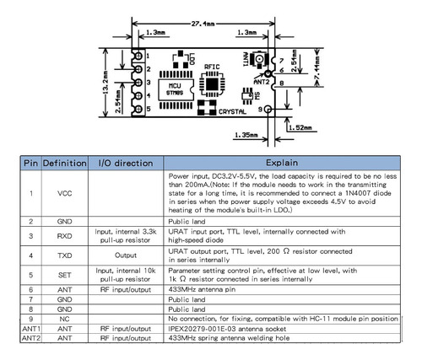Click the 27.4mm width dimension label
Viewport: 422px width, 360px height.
203,24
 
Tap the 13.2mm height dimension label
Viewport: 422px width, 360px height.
105,83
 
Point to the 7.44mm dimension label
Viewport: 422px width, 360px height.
317,68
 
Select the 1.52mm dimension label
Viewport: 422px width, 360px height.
300,127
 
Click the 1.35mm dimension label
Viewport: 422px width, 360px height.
246,135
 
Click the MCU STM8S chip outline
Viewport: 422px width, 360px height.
176,89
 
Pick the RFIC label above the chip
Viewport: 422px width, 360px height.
212,67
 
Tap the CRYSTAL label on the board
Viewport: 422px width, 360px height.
232,112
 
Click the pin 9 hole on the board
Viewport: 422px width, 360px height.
268,109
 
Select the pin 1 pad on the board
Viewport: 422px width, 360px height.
138,56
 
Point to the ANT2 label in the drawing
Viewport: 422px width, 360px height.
262,82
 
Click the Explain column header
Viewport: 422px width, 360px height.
282,163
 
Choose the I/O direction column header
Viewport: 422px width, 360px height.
126,163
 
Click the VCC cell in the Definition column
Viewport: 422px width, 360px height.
65,193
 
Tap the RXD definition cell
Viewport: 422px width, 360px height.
65,236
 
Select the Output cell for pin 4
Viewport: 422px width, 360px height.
126,255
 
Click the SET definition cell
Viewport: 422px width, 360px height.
65,275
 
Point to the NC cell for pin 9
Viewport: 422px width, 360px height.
64,320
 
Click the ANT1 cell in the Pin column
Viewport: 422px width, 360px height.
31,329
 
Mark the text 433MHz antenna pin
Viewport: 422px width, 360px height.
202,289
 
